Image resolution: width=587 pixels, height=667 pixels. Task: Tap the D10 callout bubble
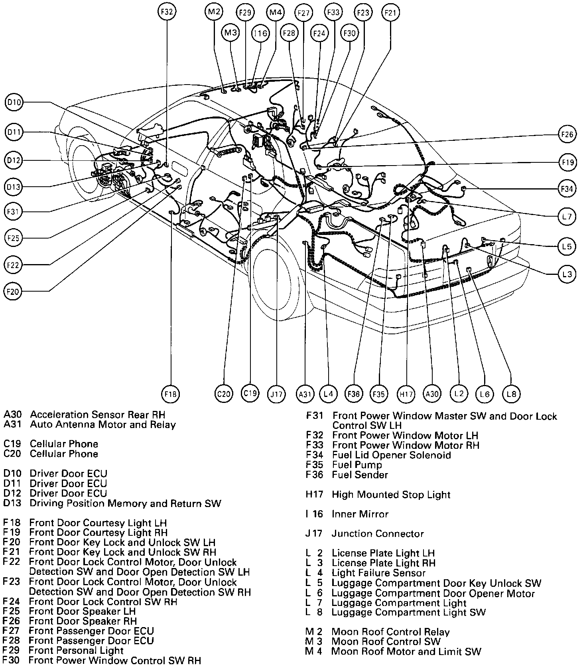(14, 103)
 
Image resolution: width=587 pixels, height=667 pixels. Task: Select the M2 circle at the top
(214, 12)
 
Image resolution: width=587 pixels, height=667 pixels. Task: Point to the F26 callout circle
(567, 134)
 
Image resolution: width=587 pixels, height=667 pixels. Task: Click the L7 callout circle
(567, 217)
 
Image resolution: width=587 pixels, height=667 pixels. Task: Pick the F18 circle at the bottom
(170, 394)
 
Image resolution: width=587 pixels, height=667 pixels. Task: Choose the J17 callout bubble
(276, 394)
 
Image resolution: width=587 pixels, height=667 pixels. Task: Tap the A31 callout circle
(305, 394)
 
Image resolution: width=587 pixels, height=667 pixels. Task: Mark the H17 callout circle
(406, 394)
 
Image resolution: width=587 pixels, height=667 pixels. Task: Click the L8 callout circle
(511, 394)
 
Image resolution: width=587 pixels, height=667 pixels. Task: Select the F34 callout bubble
(567, 189)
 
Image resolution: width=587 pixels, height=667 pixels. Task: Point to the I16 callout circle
(260, 33)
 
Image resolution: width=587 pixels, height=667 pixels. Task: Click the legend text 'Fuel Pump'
(357, 465)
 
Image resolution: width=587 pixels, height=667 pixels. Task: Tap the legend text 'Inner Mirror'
(360, 514)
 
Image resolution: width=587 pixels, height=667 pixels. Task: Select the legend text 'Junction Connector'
(377, 533)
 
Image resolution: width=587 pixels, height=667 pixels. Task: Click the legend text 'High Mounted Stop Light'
(391, 495)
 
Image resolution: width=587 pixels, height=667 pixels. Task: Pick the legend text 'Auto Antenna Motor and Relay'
(102, 424)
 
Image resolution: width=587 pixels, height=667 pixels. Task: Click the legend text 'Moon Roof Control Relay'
(390, 632)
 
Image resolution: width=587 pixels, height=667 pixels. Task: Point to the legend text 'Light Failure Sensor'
(378, 573)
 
